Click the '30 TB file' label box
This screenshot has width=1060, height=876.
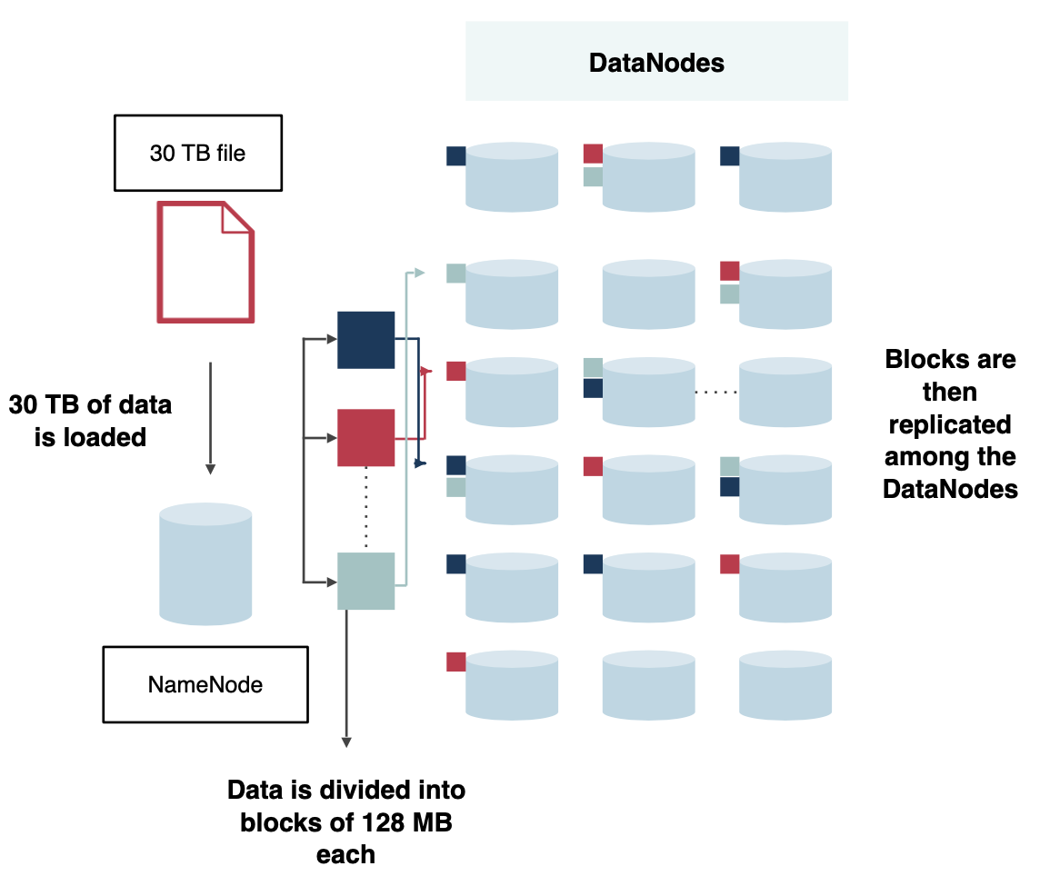pyautogui.click(x=197, y=153)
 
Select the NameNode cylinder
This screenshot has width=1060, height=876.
pyautogui.click(x=205, y=563)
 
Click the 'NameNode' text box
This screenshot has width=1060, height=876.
pyautogui.click(x=205, y=684)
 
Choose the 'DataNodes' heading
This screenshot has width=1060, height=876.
pyautogui.click(x=656, y=62)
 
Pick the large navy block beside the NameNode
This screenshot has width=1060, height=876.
pyautogui.click(x=365, y=340)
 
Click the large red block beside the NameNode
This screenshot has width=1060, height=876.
pyautogui.click(x=365, y=437)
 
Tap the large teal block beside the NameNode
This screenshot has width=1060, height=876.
pyautogui.click(x=365, y=581)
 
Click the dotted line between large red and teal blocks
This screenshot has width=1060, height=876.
pyautogui.click(x=365, y=508)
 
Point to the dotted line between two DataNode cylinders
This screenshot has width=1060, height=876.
pyautogui.click(x=716, y=393)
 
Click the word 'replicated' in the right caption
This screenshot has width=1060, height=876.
pyautogui.click(x=950, y=424)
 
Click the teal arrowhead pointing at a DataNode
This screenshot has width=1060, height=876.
pyautogui.click(x=419, y=272)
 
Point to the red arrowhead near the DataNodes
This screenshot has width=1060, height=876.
pyautogui.click(x=424, y=370)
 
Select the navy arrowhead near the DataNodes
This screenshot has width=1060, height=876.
pyautogui.click(x=421, y=463)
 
